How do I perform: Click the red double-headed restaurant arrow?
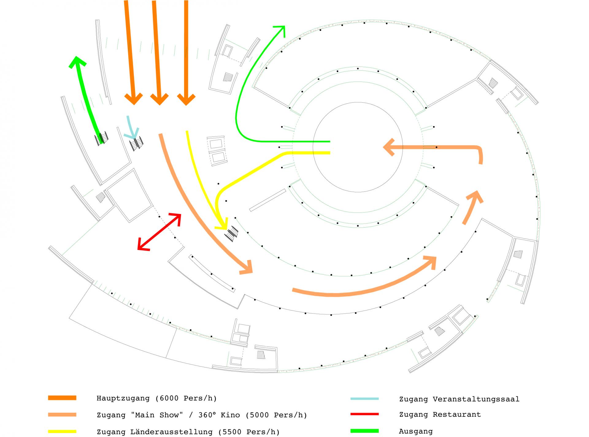pyautogui.click(x=159, y=232)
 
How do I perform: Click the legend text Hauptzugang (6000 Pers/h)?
pyautogui.click(x=156, y=398)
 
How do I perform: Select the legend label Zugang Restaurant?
pyautogui.click(x=440, y=415)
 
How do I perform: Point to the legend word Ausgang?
pyautogui.click(x=416, y=431)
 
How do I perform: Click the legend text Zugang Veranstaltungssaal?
pyautogui.click(x=459, y=399)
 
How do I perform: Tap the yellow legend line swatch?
pyautogui.click(x=62, y=431)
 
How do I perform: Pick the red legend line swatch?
pyautogui.click(x=364, y=414)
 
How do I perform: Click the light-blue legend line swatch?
pyautogui.click(x=364, y=399)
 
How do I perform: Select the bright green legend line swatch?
pyautogui.click(x=364, y=431)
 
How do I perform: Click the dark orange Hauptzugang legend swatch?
pyautogui.click(x=62, y=398)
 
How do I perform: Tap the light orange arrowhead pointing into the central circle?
pyautogui.click(x=389, y=148)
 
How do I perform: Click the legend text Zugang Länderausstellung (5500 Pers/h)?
pyautogui.click(x=188, y=432)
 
